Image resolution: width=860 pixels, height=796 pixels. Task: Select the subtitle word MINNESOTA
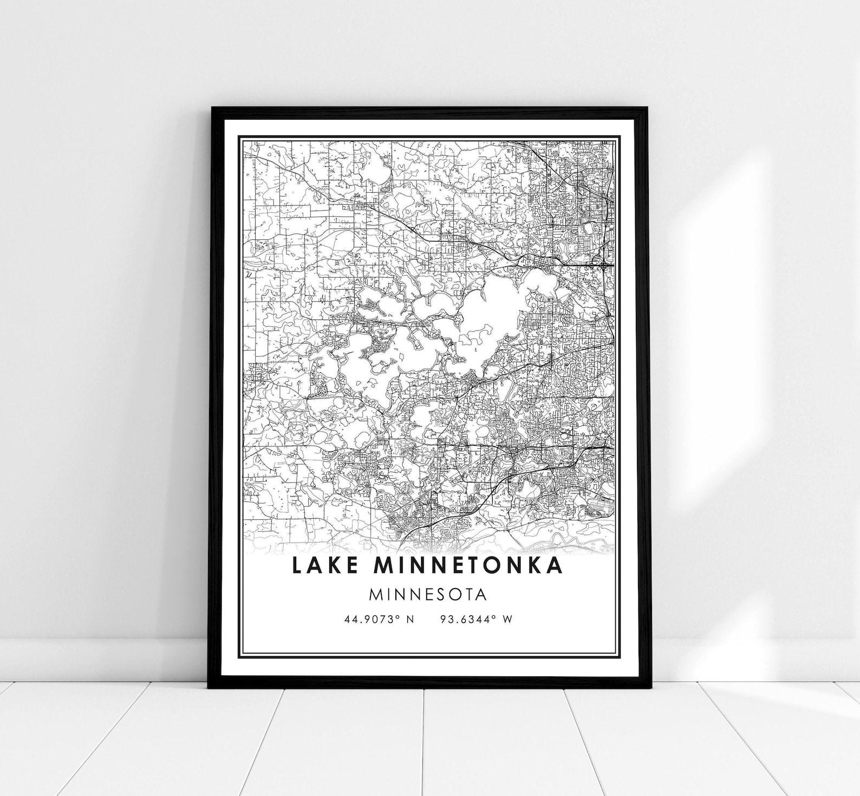pyautogui.click(x=428, y=595)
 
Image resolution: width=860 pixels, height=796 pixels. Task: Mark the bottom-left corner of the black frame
pyautogui.click(x=209, y=687)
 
